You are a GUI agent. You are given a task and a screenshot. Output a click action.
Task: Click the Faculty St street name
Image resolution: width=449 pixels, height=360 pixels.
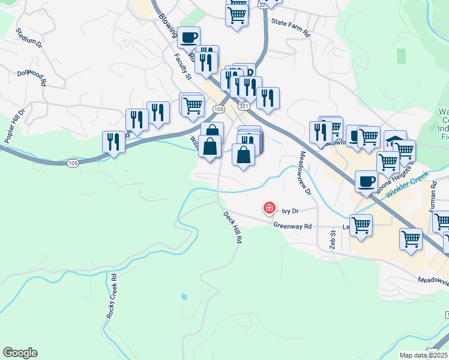click(x=182, y=66)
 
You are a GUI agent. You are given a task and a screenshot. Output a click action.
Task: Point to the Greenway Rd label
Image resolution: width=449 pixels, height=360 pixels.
click(x=293, y=226)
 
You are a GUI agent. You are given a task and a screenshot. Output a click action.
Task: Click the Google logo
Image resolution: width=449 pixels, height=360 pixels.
click(x=20, y=353)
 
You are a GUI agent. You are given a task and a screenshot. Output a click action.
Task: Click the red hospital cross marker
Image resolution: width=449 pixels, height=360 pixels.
click(x=270, y=208)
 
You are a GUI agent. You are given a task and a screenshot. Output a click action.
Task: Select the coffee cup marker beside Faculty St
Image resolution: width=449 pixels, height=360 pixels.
click(x=188, y=37)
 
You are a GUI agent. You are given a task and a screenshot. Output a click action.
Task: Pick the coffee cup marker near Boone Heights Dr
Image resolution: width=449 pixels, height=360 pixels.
click(x=366, y=181)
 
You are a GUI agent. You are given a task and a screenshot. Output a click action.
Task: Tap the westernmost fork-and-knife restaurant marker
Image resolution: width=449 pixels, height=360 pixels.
click(x=112, y=142)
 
